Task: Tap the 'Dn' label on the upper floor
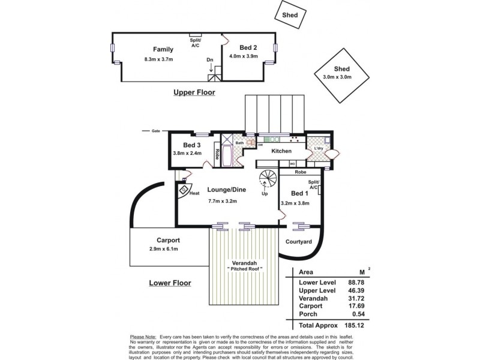[209, 60]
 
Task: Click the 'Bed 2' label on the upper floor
[248, 47]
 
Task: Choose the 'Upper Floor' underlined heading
[194, 92]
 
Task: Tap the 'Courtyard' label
[298, 241]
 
